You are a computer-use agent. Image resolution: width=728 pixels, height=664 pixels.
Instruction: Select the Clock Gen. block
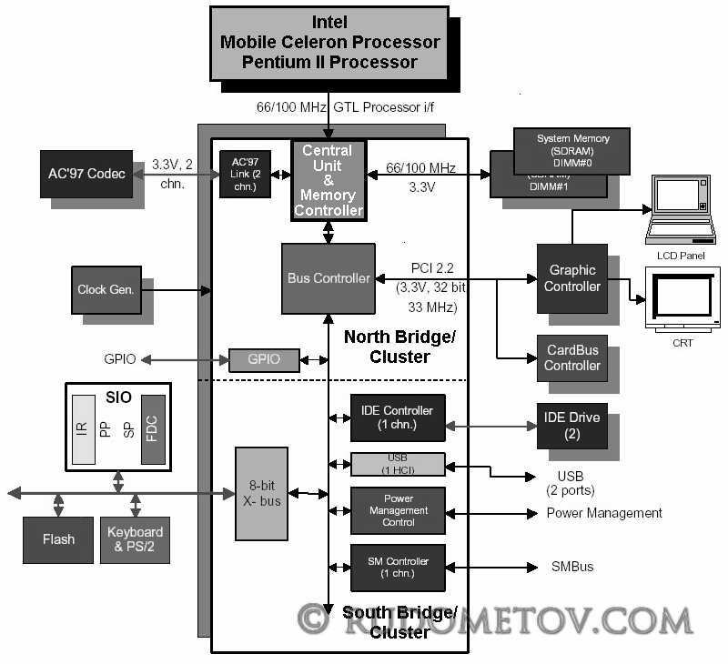click(x=106, y=290)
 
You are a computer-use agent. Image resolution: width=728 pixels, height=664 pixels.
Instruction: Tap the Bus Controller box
click(x=328, y=277)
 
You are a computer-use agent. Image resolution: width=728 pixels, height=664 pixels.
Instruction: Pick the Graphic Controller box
click(x=571, y=278)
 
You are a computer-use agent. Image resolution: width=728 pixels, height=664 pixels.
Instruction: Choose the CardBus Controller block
click(x=572, y=357)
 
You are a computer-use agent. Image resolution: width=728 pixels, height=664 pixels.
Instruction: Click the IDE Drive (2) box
click(x=571, y=425)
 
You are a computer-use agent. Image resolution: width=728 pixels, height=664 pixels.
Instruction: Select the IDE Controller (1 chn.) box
click(x=398, y=418)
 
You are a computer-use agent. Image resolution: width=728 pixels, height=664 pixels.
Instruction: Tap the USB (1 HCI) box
click(x=398, y=464)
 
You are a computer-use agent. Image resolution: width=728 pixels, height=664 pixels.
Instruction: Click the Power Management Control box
click(x=398, y=510)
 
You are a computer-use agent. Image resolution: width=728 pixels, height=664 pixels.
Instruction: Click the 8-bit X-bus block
click(x=261, y=493)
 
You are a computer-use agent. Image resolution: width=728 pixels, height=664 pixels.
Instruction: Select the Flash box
click(x=58, y=539)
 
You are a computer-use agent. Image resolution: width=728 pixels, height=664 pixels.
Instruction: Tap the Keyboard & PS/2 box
click(x=135, y=539)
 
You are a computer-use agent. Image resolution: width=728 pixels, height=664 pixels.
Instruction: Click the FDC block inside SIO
click(x=153, y=429)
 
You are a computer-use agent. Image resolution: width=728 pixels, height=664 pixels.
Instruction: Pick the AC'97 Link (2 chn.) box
click(x=245, y=173)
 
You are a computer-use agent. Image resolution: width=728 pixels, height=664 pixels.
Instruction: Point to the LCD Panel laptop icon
click(x=678, y=211)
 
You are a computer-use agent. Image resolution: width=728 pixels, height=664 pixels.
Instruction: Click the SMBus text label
click(x=572, y=567)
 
